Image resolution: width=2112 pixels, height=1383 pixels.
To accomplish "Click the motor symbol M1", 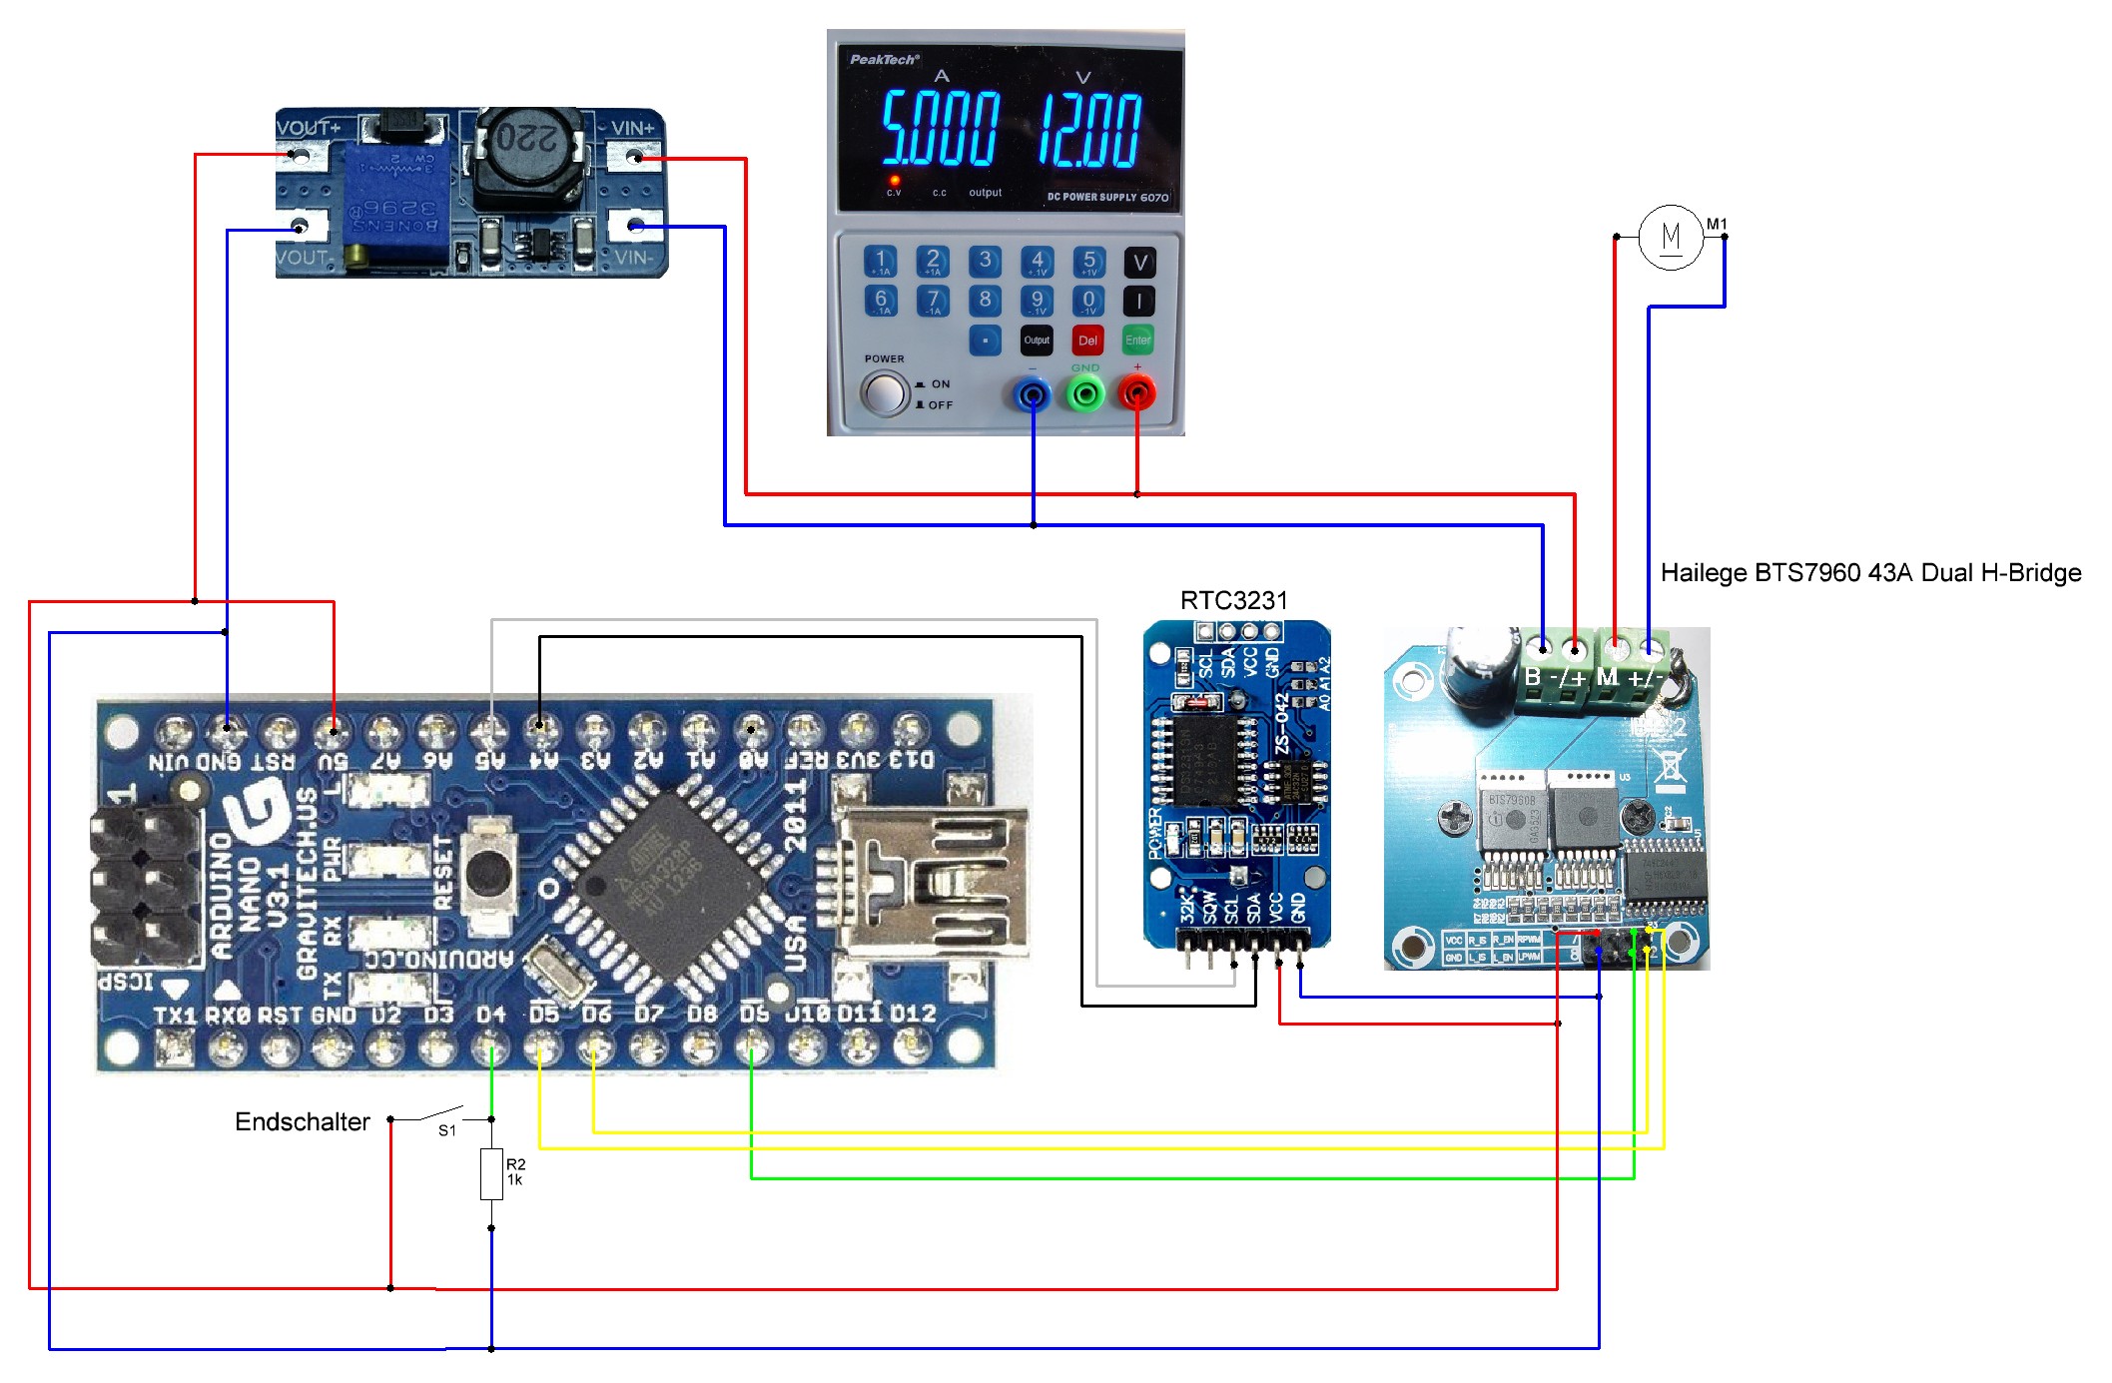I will click(x=1671, y=238).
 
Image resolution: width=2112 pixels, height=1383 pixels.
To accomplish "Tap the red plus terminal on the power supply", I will click(x=1136, y=394).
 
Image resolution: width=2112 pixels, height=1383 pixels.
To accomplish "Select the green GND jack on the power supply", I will click(x=1085, y=395).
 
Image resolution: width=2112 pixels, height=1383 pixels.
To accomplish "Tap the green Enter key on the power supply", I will click(x=1137, y=341).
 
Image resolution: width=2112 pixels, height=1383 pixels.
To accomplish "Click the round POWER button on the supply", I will click(x=884, y=393).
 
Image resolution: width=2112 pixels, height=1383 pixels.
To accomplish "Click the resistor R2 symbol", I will click(x=491, y=1174).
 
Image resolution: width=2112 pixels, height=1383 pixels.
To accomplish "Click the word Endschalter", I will click(x=302, y=1122).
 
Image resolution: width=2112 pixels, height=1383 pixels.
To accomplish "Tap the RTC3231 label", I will click(x=1233, y=600).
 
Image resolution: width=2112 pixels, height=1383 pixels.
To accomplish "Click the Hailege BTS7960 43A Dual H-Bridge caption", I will click(x=1869, y=573).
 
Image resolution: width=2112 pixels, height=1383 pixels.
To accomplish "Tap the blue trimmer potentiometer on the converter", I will click(x=394, y=205).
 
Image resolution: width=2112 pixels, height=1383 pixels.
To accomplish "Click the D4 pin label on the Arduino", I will click(x=490, y=1015).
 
